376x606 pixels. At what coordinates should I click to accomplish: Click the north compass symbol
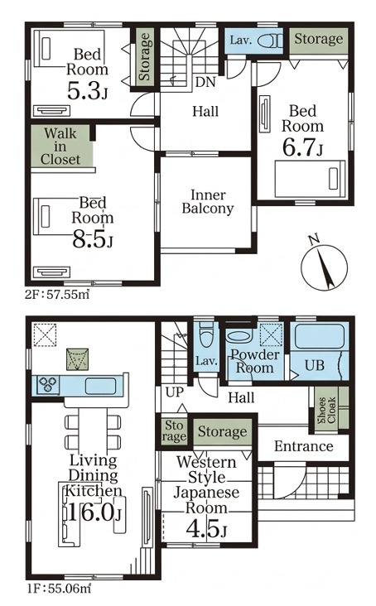coord(324,266)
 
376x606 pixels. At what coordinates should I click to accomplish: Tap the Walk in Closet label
coord(60,147)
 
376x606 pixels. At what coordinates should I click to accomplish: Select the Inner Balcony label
coord(208,201)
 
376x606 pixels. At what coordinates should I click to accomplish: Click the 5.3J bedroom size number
coord(87,90)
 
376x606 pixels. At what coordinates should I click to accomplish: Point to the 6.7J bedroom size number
coord(302,147)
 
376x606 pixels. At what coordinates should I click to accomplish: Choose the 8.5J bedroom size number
coord(93,239)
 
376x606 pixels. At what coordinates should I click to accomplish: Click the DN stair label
coord(205,82)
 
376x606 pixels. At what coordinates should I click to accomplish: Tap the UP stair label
coord(174,392)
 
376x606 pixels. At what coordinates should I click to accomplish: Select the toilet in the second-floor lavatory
coord(269,41)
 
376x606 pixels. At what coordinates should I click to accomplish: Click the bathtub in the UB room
coord(319,336)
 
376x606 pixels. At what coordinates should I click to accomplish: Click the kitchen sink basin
coord(100,386)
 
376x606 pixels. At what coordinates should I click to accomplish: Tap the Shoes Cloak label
coord(326,409)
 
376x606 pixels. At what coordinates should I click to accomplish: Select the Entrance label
coord(304,446)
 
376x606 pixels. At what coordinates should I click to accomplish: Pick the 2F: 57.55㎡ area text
coord(57,295)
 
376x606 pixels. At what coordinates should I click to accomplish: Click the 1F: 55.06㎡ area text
coord(59,589)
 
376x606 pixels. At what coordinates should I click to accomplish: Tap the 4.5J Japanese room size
coord(206,529)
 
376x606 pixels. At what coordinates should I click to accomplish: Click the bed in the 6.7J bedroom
coord(310,180)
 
